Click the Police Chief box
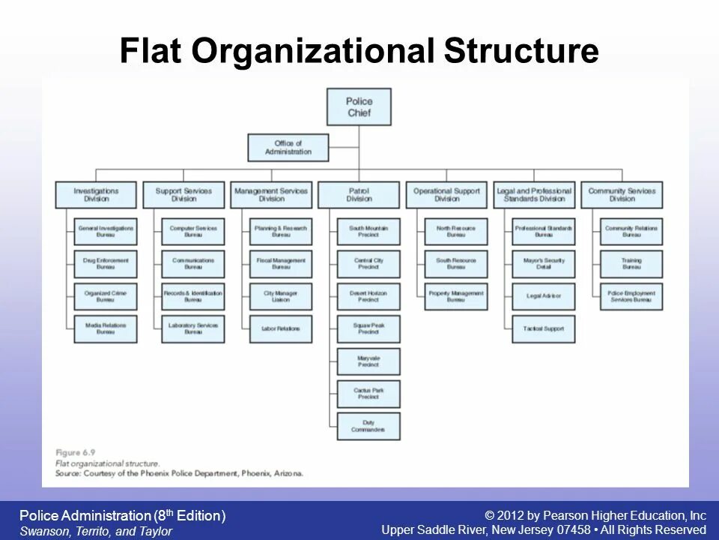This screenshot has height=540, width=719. click(359, 106)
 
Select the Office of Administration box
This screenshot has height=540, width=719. click(288, 148)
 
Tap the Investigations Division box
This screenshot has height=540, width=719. click(96, 195)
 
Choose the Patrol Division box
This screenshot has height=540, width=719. click(359, 195)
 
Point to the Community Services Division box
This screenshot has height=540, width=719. click(622, 195)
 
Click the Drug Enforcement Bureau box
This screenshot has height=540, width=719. click(106, 264)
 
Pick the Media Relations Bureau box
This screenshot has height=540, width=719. click(106, 328)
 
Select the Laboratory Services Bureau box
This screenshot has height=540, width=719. click(193, 328)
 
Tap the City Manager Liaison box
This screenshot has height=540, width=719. click(281, 296)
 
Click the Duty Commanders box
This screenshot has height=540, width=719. click(368, 426)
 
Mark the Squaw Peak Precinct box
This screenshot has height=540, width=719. click(368, 328)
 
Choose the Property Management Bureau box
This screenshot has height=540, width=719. click(456, 296)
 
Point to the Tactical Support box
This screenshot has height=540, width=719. click(544, 328)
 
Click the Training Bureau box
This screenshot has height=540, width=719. click(631, 264)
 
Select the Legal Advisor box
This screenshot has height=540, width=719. click(544, 296)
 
